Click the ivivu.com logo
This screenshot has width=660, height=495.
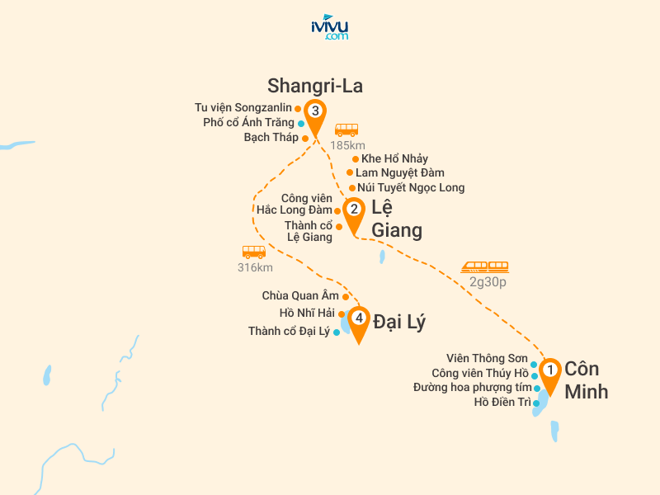point(329,27)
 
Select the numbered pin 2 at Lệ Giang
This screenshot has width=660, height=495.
point(354,210)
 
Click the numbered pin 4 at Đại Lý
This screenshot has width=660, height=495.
point(358,318)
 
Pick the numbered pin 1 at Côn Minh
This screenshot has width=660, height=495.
point(550,370)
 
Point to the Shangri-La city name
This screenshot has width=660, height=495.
point(315,86)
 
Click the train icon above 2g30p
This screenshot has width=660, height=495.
point(485,266)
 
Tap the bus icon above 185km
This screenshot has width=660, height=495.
point(346,130)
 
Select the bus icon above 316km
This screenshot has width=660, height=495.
point(253,252)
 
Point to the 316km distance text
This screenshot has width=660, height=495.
point(255,267)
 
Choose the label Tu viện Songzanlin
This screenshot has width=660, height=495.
point(243,107)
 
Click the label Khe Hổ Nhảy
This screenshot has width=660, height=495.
point(394,158)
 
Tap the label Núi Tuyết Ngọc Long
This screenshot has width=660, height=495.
point(411,188)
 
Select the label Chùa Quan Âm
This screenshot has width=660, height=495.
point(300,296)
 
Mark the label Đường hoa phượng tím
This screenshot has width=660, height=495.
point(473,388)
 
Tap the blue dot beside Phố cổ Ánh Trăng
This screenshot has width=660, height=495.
point(301,123)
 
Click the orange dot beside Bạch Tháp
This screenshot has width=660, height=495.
point(305,138)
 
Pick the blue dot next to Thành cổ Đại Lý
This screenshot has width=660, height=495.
point(336,332)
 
